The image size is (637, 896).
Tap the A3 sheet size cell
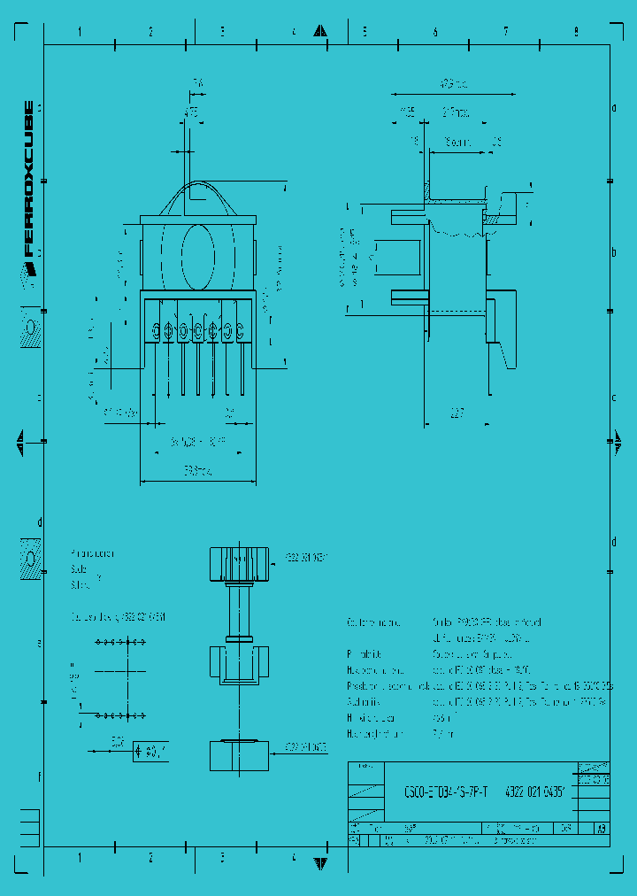click(x=602, y=830)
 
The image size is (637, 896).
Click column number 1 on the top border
click(x=80, y=32)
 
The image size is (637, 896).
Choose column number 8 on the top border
click(x=576, y=32)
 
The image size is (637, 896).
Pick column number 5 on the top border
click(x=364, y=32)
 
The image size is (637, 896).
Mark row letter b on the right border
click(x=613, y=252)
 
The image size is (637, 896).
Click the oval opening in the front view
click(x=198, y=252)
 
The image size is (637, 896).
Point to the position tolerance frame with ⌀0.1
click(x=150, y=752)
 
